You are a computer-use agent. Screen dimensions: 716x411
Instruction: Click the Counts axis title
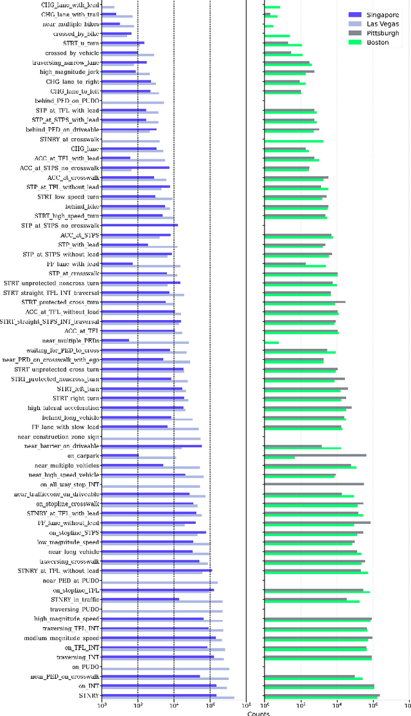(x=259, y=713)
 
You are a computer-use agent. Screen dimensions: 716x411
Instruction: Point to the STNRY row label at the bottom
(x=89, y=695)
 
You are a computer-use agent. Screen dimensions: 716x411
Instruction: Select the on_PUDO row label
(x=85, y=667)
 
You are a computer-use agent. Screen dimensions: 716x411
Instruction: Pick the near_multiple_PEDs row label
(x=71, y=341)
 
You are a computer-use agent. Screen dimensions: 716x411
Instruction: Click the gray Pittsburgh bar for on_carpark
(x=315, y=455)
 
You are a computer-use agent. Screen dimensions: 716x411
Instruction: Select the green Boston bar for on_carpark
(x=280, y=458)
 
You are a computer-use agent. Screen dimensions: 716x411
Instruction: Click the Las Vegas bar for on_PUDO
(x=166, y=669)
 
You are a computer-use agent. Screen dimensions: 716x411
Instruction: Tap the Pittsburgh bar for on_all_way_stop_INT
(x=314, y=484)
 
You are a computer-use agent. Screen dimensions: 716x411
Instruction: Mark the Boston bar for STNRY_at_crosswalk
(x=294, y=141)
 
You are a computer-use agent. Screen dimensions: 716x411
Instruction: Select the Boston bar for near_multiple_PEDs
(x=272, y=343)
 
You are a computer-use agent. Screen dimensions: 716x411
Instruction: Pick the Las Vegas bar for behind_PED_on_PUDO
(x=133, y=102)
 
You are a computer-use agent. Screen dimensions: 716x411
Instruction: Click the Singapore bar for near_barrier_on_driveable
(x=152, y=445)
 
